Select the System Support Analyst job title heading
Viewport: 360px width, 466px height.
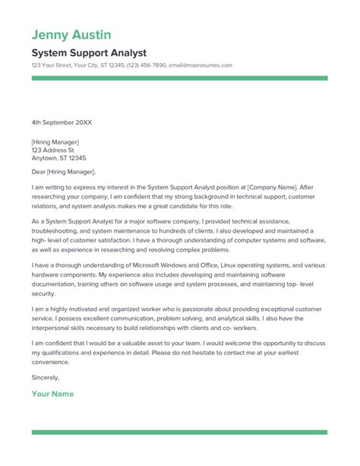[x=89, y=52]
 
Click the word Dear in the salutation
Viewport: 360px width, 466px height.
[x=40, y=173]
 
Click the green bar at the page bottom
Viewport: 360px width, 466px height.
[x=179, y=433]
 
